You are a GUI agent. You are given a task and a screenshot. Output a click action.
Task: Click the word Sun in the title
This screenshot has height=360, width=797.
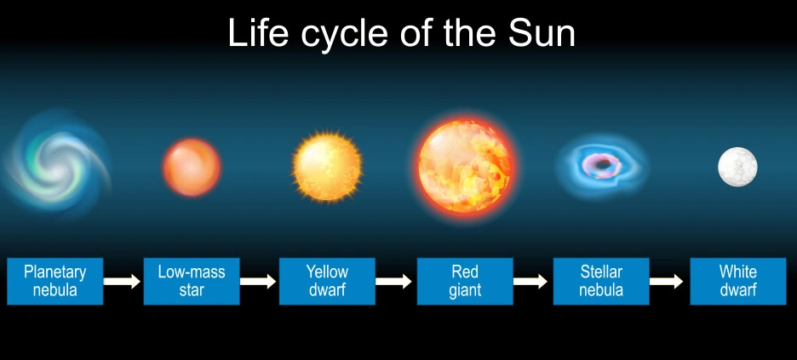(542, 33)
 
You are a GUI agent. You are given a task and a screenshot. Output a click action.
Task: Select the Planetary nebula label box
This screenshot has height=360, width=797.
(54, 282)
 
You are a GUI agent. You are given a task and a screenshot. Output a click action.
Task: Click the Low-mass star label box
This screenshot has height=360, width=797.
(192, 282)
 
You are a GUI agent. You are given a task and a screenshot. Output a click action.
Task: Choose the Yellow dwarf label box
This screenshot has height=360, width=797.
(327, 282)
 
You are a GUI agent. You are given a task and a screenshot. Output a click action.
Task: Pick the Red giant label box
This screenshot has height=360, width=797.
(465, 282)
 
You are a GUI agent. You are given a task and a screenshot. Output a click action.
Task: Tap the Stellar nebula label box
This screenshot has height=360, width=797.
(601, 282)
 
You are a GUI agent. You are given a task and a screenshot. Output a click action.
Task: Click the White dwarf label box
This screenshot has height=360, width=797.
(738, 282)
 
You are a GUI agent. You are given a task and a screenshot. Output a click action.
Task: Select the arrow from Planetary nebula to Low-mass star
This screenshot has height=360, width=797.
(122, 281)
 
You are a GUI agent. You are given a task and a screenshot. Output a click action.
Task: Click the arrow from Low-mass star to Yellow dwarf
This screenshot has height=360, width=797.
(258, 281)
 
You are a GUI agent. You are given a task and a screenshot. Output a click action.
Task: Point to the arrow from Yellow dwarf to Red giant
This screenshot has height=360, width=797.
(394, 281)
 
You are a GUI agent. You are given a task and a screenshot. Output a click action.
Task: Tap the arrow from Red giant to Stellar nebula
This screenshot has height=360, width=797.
(530, 281)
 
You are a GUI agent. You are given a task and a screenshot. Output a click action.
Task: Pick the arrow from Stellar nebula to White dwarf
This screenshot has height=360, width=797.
(667, 281)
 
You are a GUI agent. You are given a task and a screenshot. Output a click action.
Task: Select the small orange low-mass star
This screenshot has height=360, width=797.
(192, 168)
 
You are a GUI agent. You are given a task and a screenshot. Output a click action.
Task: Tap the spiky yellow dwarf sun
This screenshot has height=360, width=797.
(327, 167)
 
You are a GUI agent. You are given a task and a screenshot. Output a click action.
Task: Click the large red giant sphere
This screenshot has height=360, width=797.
(465, 166)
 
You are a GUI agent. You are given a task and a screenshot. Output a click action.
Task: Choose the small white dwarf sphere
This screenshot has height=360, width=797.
(737, 167)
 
